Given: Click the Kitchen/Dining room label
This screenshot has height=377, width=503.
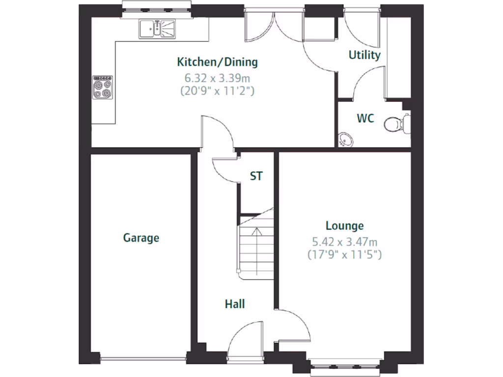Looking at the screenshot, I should (x=217, y=62).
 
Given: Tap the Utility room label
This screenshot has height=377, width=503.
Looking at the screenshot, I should (x=364, y=55).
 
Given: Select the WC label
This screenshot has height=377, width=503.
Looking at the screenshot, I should (x=365, y=118).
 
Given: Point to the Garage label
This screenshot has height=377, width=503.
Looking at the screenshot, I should (x=141, y=238).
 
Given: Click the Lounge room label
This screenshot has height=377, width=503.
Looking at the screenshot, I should (x=345, y=226).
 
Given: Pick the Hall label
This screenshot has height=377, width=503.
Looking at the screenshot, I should (x=235, y=304).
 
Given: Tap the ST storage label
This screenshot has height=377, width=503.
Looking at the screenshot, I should (x=256, y=176).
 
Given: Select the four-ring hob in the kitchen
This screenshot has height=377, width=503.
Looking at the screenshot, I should (x=103, y=87).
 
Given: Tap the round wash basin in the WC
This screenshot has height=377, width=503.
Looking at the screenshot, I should (x=346, y=139).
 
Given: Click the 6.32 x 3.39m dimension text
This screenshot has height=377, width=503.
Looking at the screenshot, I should (x=217, y=78).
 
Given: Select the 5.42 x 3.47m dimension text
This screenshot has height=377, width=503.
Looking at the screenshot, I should (x=345, y=242).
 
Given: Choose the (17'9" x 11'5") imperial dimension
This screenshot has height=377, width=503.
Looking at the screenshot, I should (x=345, y=255).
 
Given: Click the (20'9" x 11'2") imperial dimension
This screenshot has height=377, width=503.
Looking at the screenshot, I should (x=217, y=90).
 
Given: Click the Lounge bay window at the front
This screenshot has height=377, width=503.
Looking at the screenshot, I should (x=345, y=365).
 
